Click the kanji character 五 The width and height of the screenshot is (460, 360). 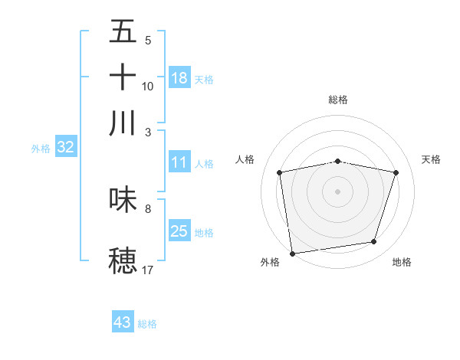coord(123,32)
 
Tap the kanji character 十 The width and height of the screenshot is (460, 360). coord(123,77)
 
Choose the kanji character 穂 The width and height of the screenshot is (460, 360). coord(123,259)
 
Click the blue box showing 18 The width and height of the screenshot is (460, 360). coord(179,77)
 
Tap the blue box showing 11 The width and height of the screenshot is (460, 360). coord(179,162)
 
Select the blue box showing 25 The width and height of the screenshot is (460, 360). coord(179,231)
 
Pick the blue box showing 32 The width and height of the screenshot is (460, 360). coord(65,148)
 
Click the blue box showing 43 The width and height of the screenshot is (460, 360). coord(123,322)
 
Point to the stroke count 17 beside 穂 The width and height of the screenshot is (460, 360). coord(148,270)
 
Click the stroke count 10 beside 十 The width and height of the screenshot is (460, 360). coord(148,87)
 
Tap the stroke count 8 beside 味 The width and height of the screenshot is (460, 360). coord(148,208)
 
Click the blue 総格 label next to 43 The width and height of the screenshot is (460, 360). coord(147,324)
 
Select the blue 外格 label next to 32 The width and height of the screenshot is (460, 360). coord(40,149)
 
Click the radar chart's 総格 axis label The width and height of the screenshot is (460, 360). coord(337,100)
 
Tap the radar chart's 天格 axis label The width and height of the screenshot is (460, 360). coord(431,159)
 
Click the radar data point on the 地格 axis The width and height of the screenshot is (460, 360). coord(374,242)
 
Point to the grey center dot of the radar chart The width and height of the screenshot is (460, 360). coord(337,191)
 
